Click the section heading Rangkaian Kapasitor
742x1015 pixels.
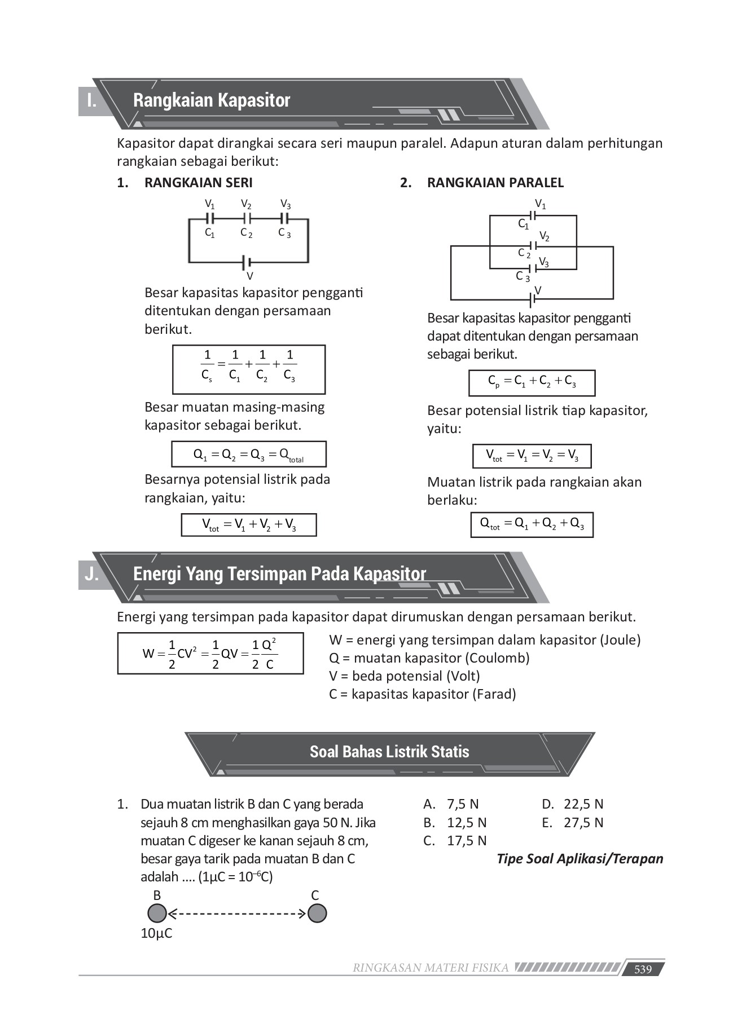point(212,100)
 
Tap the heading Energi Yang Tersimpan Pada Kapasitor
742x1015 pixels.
point(279,574)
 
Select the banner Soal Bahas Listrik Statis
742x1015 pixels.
point(389,752)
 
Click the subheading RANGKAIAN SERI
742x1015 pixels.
point(199,183)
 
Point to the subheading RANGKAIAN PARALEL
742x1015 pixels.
point(495,183)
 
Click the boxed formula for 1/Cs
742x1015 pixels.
point(249,369)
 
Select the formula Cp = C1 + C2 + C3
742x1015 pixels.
point(532,383)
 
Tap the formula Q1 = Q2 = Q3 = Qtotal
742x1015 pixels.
point(249,454)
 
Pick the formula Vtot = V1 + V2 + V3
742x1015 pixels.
point(249,525)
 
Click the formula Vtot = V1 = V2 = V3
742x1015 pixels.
point(532,456)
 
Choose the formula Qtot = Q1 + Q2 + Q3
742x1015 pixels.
point(532,524)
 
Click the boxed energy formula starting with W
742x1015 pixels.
point(210,654)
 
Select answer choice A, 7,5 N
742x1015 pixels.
point(451,804)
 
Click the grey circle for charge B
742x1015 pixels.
point(157,913)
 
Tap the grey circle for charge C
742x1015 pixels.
point(317,913)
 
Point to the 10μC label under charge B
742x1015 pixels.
point(156,933)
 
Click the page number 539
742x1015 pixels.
point(643,969)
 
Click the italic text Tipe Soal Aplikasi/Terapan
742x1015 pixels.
point(579,859)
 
